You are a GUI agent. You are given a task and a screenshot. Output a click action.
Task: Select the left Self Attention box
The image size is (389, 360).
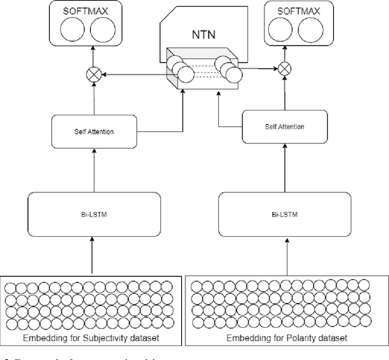tap(91, 131)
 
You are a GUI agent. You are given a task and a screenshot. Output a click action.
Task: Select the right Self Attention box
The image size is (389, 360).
tap(284, 126)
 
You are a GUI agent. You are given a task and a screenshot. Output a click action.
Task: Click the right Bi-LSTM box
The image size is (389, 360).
tap(284, 214)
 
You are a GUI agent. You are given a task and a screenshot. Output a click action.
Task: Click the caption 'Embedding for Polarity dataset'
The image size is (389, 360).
tap(286, 338)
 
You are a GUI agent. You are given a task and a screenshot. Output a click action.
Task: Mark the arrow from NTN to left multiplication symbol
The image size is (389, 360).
tap(134, 75)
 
